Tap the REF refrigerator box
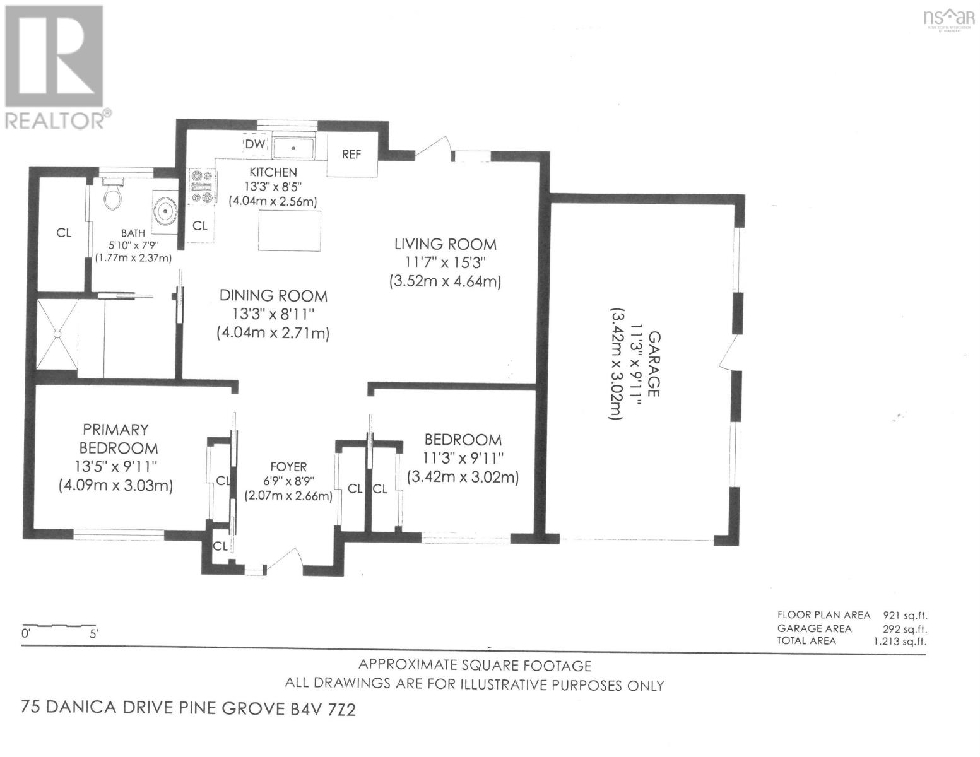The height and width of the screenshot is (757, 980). (x=351, y=154)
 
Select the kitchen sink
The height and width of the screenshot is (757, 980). (x=293, y=149)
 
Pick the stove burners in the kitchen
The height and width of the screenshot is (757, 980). (x=203, y=187)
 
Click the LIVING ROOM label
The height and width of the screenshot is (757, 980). (x=446, y=244)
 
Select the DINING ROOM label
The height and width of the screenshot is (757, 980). (x=273, y=295)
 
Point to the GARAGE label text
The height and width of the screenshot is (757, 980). (x=654, y=364)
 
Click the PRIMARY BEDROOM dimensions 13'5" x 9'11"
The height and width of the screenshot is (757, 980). (x=115, y=467)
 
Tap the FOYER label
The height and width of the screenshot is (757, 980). (x=288, y=467)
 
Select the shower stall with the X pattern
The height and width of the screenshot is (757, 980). (x=57, y=336)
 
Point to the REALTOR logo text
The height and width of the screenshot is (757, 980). (x=57, y=120)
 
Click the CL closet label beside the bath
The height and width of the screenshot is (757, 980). (x=63, y=233)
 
